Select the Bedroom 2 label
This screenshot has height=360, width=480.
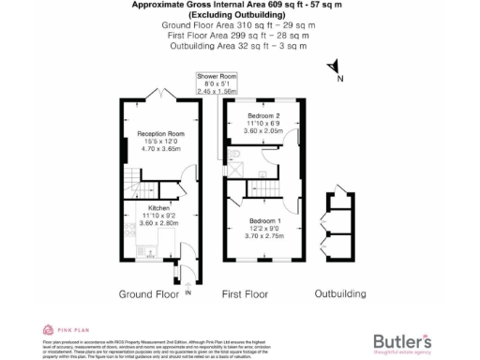[x=263, y=115]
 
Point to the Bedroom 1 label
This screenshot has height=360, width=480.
[x=263, y=220]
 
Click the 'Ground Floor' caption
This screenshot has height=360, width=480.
[x=148, y=294]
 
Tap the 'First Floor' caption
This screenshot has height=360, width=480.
[x=246, y=294]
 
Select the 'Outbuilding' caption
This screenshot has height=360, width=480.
[x=339, y=294]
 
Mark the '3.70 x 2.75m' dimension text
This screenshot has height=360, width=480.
[x=263, y=235]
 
